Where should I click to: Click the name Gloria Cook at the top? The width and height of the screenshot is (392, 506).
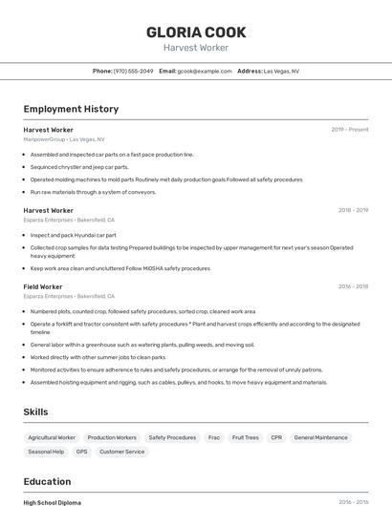(x=196, y=32)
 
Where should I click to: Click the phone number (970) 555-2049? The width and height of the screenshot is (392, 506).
(x=133, y=71)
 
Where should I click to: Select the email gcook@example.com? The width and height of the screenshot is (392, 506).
(x=205, y=71)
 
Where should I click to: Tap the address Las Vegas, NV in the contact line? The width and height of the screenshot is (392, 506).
(x=281, y=71)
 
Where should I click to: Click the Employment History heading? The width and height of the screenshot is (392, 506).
(x=71, y=110)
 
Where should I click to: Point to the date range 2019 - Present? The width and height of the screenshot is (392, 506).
(x=350, y=129)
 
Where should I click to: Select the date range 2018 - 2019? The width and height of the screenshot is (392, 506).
(x=353, y=210)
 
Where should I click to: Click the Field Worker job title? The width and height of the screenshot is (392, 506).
(x=43, y=286)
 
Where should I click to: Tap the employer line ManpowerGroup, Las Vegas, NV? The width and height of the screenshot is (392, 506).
(x=64, y=139)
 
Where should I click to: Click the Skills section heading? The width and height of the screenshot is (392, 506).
(x=35, y=411)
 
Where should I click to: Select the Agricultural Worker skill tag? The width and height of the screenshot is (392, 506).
(x=52, y=437)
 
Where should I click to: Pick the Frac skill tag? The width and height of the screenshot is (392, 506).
(x=214, y=437)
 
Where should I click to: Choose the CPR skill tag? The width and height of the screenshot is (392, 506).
(x=276, y=437)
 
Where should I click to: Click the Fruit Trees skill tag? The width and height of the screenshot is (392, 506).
(x=246, y=437)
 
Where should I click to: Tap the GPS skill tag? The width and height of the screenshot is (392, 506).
(x=81, y=452)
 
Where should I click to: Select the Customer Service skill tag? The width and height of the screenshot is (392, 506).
(x=122, y=452)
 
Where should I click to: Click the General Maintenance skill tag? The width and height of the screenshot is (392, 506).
(x=320, y=437)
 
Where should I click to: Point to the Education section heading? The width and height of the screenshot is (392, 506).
(x=47, y=481)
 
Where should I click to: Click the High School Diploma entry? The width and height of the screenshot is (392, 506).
(x=53, y=502)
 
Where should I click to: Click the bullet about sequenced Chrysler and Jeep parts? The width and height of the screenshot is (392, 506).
(x=79, y=166)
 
